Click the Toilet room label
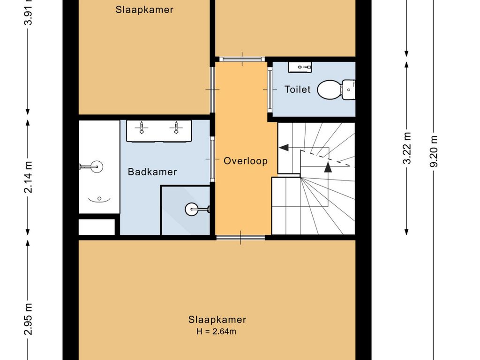click(x=297, y=90)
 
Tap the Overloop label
click(x=246, y=161)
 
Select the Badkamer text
click(x=152, y=172)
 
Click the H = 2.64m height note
click(x=217, y=331)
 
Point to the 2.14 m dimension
click(x=29, y=177)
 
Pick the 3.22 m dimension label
click(x=407, y=148)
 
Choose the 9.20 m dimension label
click(x=434, y=151)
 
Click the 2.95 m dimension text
click(x=29, y=319)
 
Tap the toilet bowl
click(x=330, y=90)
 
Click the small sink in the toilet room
click(x=300, y=67)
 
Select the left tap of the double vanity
click(x=142, y=127)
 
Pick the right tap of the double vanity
click(x=176, y=127)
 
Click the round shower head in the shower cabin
click(x=192, y=210)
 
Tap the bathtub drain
click(x=99, y=199)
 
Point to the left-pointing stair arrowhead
click(x=284, y=148)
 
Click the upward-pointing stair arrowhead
click(x=328, y=167)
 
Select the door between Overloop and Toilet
click(x=270, y=90)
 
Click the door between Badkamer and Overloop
click(x=212, y=159)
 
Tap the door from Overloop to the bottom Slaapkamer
click(x=240, y=237)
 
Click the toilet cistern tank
click(x=348, y=90)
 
